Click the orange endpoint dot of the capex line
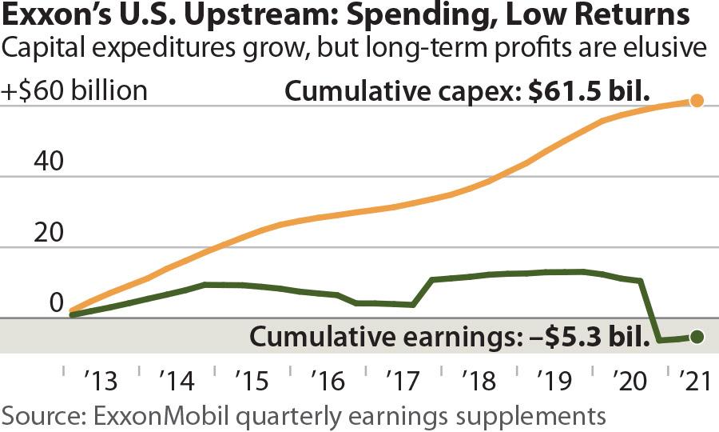[697, 101]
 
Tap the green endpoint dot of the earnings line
[696, 337]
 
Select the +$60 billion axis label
[75, 90]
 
